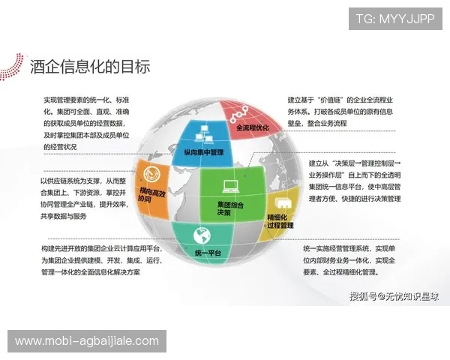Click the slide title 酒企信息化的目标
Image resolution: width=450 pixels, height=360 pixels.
click(x=90, y=66)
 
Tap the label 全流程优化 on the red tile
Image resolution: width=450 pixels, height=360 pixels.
click(x=251, y=128)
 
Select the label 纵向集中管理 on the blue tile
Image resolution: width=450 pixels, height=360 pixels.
click(x=203, y=152)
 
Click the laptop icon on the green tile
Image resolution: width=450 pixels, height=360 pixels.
click(x=229, y=187)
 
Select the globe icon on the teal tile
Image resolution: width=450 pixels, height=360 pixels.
click(x=200, y=234)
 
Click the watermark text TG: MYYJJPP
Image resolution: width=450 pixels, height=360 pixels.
click(x=394, y=18)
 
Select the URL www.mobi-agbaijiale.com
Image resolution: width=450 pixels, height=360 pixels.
click(x=87, y=341)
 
